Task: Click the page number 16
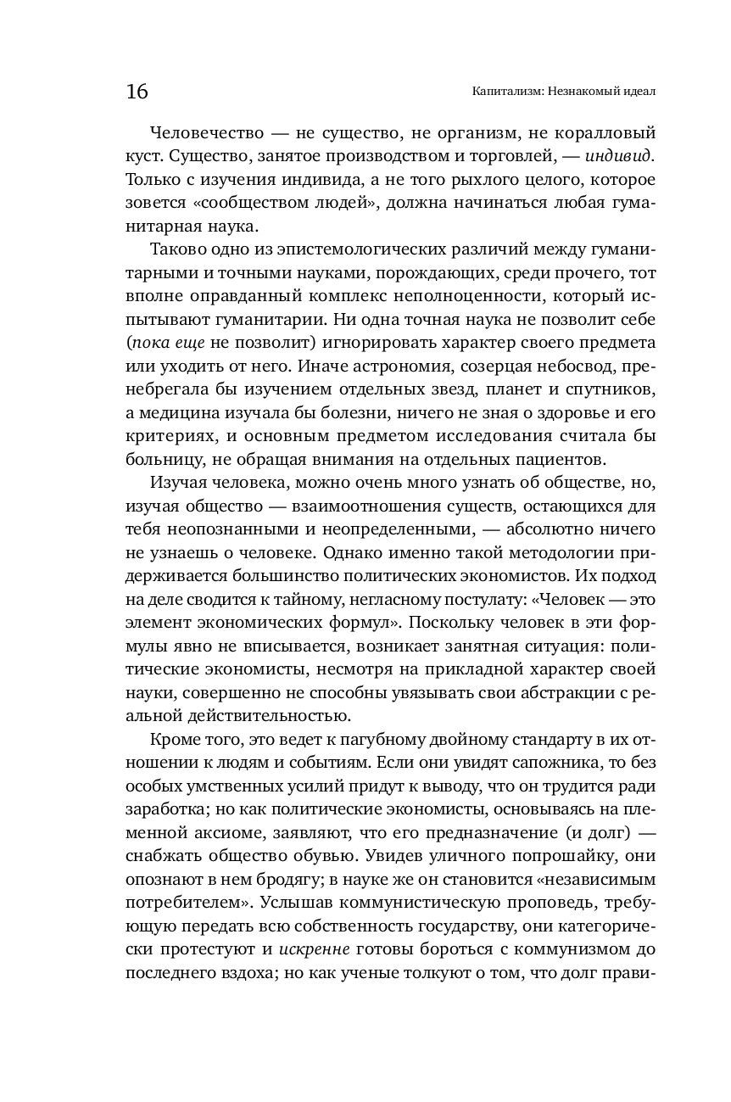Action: (x=137, y=92)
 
